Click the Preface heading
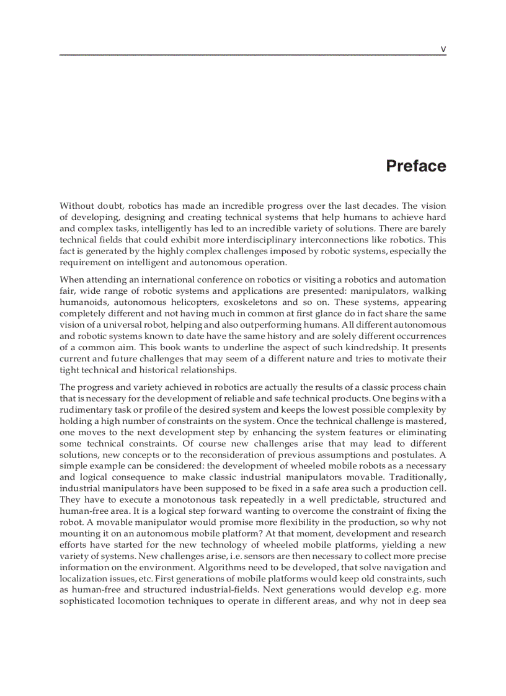click(415, 166)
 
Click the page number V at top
click(443, 48)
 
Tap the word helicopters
click(203, 302)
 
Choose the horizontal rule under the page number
click(253, 55)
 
